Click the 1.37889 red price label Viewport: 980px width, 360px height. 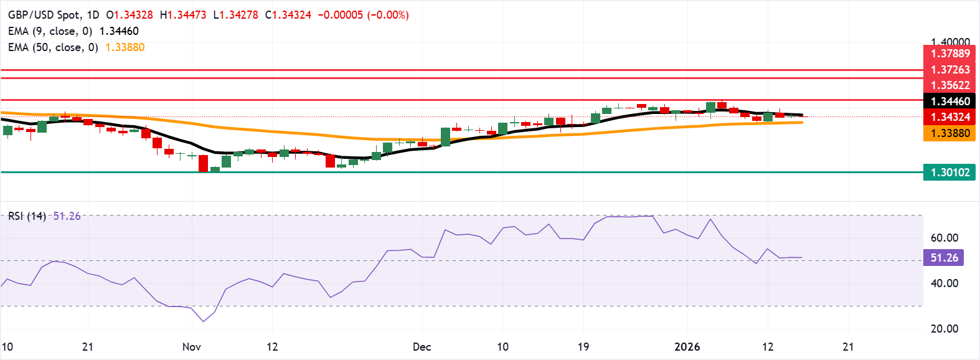coord(949,54)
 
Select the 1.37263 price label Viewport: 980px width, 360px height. coord(949,70)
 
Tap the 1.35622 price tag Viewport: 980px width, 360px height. coord(949,85)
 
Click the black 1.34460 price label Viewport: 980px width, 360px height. coord(949,101)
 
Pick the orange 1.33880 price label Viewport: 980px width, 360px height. coord(949,133)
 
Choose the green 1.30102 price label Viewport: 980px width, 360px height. coord(949,173)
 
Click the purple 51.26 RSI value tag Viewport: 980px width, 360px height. coord(944,258)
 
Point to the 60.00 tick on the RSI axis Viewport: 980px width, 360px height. coord(944,238)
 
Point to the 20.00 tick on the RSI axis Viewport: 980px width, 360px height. coord(944,329)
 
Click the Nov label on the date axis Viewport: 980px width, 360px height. coord(191,347)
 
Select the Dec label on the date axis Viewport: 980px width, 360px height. coord(422,347)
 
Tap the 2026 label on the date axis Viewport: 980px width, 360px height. coord(687,347)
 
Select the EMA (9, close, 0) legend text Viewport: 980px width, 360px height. coord(50,31)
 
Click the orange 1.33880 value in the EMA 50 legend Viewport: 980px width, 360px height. coord(125,47)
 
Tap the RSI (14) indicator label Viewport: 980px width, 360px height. coord(27,216)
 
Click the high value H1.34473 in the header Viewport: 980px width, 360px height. coord(182,15)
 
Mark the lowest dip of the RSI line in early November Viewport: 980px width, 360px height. coord(203,321)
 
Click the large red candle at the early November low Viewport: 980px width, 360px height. coord(203,163)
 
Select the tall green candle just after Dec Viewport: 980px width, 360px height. coord(445,137)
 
